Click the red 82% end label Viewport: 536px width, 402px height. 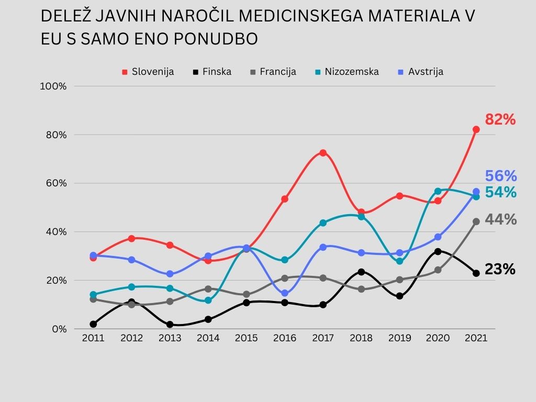500,120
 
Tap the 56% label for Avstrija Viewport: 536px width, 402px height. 500,176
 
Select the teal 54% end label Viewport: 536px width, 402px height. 500,193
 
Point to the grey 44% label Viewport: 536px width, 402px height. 500,220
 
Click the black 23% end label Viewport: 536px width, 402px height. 500,270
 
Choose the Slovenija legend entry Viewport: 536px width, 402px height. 148,72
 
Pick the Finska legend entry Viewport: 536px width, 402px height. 212,72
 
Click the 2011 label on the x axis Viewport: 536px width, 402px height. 93,338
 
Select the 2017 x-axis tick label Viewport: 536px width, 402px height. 323,338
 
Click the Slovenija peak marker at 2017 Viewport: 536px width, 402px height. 323,153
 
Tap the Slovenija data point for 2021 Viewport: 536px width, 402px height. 476,129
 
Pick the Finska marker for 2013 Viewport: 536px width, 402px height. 170,325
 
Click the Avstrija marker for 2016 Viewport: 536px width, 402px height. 284,293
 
